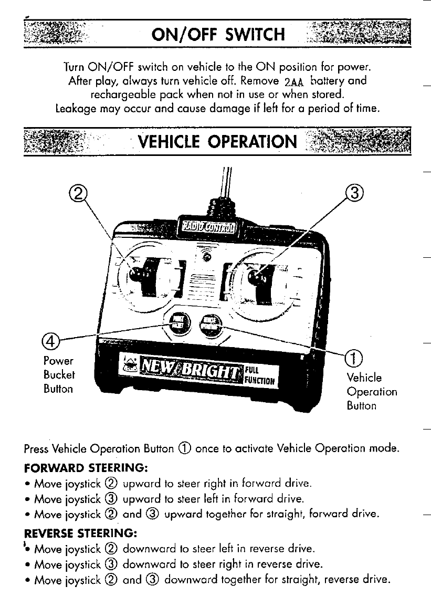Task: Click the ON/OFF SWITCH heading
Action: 217,35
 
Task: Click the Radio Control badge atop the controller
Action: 208,226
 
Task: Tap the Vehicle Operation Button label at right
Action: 371,392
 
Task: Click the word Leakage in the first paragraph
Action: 74,109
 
